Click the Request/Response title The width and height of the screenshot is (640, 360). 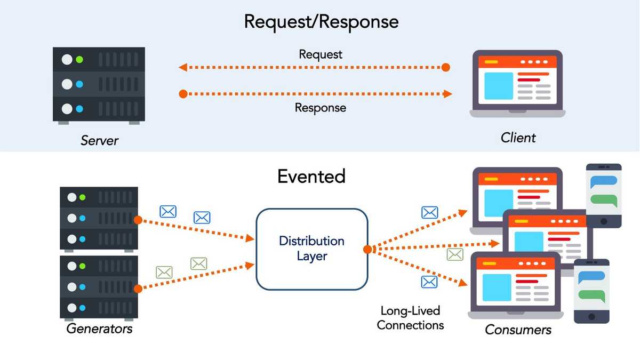[x=321, y=21]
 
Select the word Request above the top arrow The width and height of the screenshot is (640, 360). [x=321, y=54]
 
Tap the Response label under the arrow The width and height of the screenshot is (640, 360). [x=321, y=108]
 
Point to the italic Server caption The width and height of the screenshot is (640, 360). [x=99, y=140]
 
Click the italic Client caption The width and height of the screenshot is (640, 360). [x=518, y=138]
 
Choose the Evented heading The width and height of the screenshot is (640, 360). [x=311, y=176]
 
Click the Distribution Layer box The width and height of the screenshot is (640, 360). [x=312, y=249]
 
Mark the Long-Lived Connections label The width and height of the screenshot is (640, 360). [x=410, y=317]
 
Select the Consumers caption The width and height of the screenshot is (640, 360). [x=518, y=330]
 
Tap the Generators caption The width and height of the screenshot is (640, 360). [x=99, y=328]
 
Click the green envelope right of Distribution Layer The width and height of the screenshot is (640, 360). [x=455, y=254]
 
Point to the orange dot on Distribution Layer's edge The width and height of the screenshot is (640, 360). [x=367, y=249]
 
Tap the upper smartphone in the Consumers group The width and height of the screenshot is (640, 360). [x=604, y=195]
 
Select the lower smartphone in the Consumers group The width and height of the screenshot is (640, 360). [x=591, y=291]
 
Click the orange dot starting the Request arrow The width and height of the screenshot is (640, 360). [x=446, y=67]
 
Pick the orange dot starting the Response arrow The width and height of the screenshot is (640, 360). [x=183, y=94]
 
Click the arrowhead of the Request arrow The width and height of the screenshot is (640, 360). [x=182, y=67]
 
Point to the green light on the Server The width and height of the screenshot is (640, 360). [x=80, y=60]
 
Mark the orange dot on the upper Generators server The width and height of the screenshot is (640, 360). [x=138, y=219]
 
